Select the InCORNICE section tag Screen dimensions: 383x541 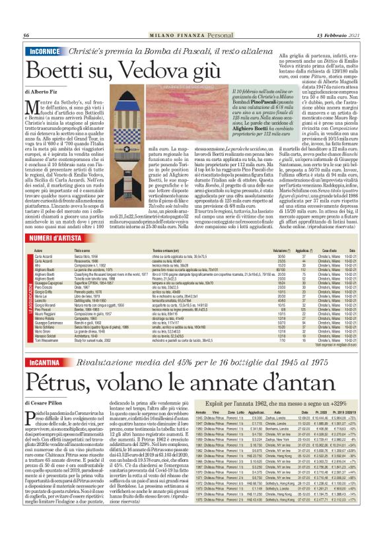(x=45, y=51)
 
